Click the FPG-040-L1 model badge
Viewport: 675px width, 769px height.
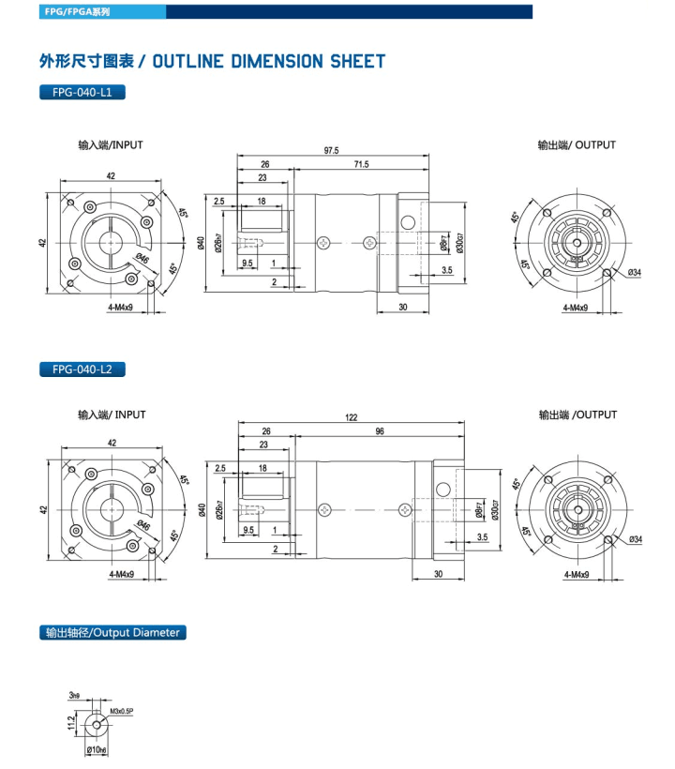point(82,93)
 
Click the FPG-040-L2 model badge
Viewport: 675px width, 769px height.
point(82,369)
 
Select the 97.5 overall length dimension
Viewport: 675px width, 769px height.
point(331,150)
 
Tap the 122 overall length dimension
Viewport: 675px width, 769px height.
point(351,419)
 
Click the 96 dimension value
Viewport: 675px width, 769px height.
point(379,432)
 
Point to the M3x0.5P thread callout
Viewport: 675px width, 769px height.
point(124,711)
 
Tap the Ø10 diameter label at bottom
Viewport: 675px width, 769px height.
point(97,750)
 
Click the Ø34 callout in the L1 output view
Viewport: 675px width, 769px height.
point(635,273)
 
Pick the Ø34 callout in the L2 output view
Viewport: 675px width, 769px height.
point(636,539)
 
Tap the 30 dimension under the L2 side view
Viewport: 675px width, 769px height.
point(438,575)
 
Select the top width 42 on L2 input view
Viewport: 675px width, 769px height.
point(112,444)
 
